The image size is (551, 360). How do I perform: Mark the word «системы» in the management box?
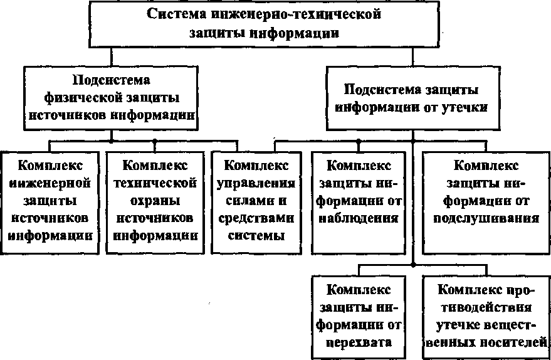(x=256, y=236)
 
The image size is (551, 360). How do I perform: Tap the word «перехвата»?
(x=359, y=342)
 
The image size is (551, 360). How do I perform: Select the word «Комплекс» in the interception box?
(x=359, y=290)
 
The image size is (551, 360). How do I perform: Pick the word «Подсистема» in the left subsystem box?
(x=112, y=81)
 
